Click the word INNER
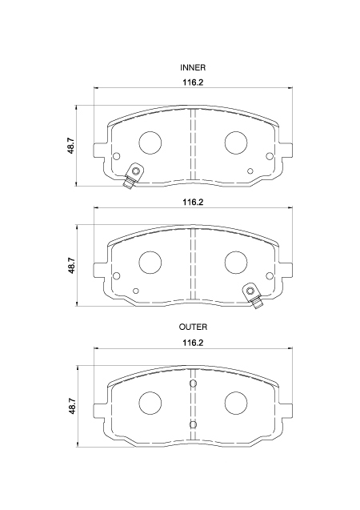pos(193,67)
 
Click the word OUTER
pos(193,327)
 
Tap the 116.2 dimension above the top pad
pos(193,82)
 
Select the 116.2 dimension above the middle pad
pos(193,202)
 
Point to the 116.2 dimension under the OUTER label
pos(193,343)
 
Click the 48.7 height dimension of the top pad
pos(72,146)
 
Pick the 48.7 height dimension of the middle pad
pos(72,266)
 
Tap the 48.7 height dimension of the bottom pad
pos(72,406)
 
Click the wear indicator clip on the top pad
pos(133,176)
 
